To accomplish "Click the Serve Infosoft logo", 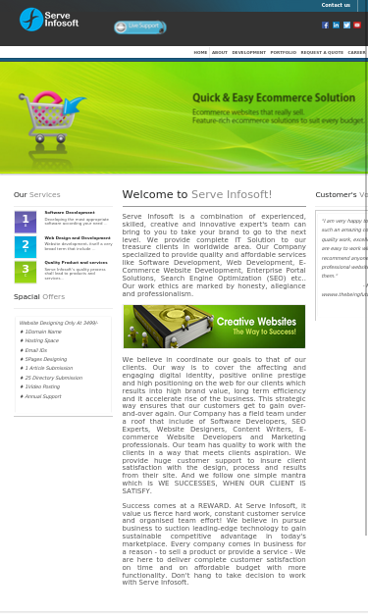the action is click(48, 19).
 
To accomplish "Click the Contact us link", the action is click(336, 5).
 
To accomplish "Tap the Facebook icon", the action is click(326, 26).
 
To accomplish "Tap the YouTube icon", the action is click(357, 26).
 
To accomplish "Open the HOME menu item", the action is click(200, 52).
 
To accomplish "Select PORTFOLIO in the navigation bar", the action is click(283, 52).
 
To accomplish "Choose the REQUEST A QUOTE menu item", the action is click(322, 52).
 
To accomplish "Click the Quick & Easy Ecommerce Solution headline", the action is click(274, 98).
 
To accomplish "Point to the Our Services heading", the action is click(36, 194).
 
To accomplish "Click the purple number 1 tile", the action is click(26, 222).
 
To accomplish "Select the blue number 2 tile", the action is click(26, 247).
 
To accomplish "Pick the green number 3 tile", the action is click(26, 272).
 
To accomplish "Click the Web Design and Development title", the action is click(78, 237).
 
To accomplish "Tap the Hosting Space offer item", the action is click(42, 340).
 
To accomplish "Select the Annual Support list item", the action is click(43, 396).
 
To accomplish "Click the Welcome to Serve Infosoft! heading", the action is click(197, 194).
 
